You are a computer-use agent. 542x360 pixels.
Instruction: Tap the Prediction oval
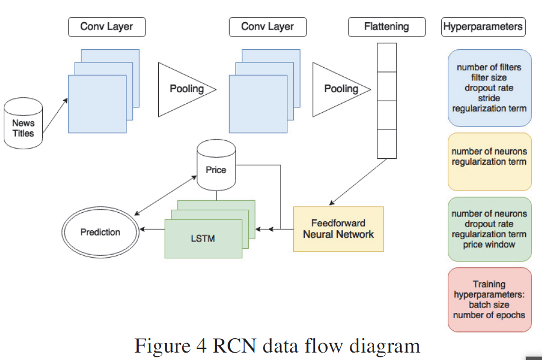coord(101,232)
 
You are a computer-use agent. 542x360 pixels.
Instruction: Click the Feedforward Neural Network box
coord(338,229)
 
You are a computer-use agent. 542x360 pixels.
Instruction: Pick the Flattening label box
coord(386,27)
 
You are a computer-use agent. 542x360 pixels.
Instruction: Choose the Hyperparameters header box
coord(483,27)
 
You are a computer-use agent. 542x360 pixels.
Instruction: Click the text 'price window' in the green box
coord(489,245)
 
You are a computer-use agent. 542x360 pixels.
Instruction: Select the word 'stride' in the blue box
coord(489,98)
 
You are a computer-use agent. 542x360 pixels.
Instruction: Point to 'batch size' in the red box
coord(489,305)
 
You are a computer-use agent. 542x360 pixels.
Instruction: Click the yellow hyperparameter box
coord(489,161)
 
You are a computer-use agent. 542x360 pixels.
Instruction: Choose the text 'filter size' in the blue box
coord(489,77)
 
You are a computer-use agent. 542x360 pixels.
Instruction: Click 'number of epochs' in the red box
coord(489,315)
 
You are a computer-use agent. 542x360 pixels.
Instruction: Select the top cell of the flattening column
coord(386,57)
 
